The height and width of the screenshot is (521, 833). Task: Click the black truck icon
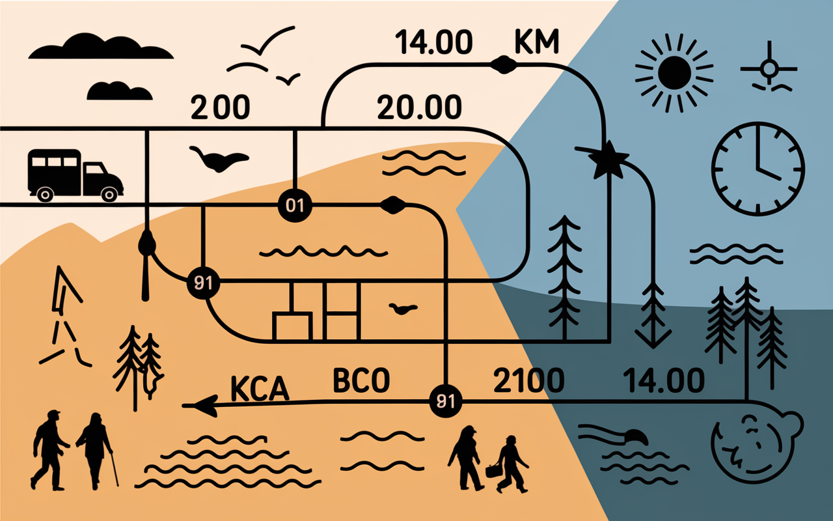pos(75,176)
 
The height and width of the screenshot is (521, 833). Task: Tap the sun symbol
pos(674,73)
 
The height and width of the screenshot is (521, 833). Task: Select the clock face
pos(758,169)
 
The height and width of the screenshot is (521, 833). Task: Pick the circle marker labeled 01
pos(295,205)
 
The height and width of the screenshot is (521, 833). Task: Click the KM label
pos(537,41)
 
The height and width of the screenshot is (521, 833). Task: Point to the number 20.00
pos(419,107)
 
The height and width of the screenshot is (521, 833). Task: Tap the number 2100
pos(528,380)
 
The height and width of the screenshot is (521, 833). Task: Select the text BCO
pos(361,380)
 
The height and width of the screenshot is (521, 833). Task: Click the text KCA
pos(260,388)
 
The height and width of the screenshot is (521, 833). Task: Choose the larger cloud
pos(101,46)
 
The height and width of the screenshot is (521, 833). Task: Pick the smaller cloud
pos(119,91)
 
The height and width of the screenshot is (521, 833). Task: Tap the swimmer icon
pos(614,436)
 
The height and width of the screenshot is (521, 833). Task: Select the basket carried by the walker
pos(493,470)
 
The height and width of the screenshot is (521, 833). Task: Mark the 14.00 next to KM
pos(433,42)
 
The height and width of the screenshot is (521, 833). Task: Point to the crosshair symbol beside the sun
pos(769,69)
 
